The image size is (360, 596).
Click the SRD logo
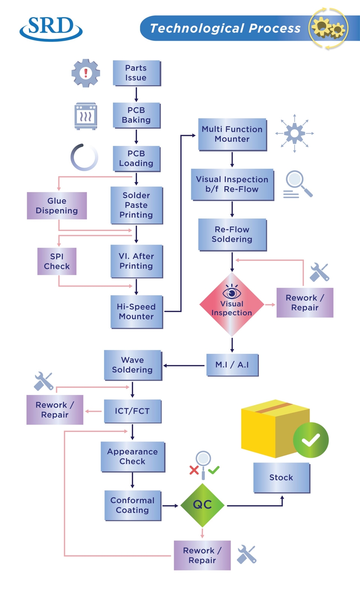[51, 28]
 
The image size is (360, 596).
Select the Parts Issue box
[136, 73]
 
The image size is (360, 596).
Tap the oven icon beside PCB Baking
[86, 116]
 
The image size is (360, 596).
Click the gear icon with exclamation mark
[86, 73]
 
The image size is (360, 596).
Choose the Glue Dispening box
[57, 206]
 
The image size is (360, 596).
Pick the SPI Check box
[57, 262]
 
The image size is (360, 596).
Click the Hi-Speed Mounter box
[137, 312]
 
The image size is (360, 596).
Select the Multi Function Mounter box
[232, 134]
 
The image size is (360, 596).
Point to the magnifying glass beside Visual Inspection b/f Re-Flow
[297, 184]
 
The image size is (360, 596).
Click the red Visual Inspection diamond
[232, 305]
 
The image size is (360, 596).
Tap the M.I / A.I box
[232, 365]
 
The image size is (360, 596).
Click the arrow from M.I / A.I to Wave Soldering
[184, 366]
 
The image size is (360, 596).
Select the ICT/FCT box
[132, 411]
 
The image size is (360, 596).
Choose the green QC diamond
[202, 505]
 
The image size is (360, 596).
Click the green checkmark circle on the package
[311, 440]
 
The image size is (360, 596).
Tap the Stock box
[282, 478]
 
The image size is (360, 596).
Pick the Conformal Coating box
[132, 506]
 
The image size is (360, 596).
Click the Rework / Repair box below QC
[202, 555]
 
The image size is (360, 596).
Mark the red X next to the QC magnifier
[194, 470]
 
